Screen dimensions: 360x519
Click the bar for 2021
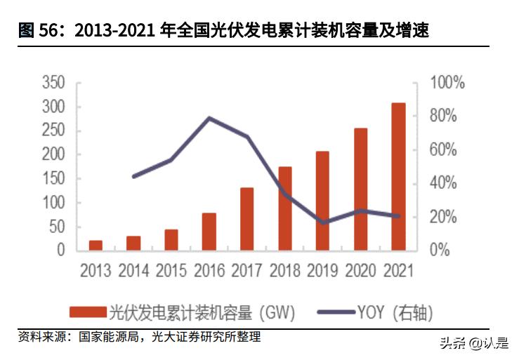tap(398, 177)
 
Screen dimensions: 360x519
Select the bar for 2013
tap(96, 246)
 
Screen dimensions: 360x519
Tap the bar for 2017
tap(247, 219)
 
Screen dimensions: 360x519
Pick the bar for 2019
tap(322, 201)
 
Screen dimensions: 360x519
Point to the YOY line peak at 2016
tap(209, 118)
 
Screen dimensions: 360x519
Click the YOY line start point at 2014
tap(133, 176)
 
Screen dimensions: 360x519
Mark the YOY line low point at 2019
tap(322, 222)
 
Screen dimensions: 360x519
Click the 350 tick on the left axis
tap(54, 83)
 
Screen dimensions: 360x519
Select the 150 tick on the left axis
tap(54, 178)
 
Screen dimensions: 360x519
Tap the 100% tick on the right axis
tap(447, 83)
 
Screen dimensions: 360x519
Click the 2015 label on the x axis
tap(171, 271)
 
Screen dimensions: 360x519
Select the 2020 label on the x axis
tap(360, 271)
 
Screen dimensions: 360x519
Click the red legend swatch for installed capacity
tap(88, 312)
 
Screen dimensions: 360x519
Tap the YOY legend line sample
tap(336, 312)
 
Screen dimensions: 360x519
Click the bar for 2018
tap(285, 208)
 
